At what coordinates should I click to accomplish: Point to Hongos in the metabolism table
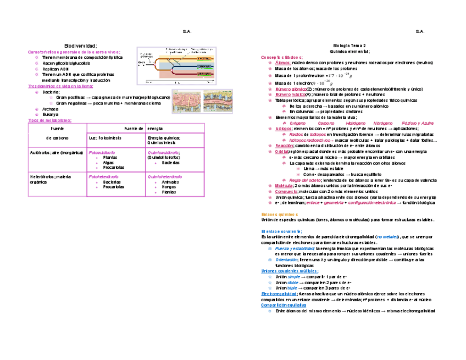(169, 187)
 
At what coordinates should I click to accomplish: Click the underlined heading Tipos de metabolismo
(49, 120)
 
